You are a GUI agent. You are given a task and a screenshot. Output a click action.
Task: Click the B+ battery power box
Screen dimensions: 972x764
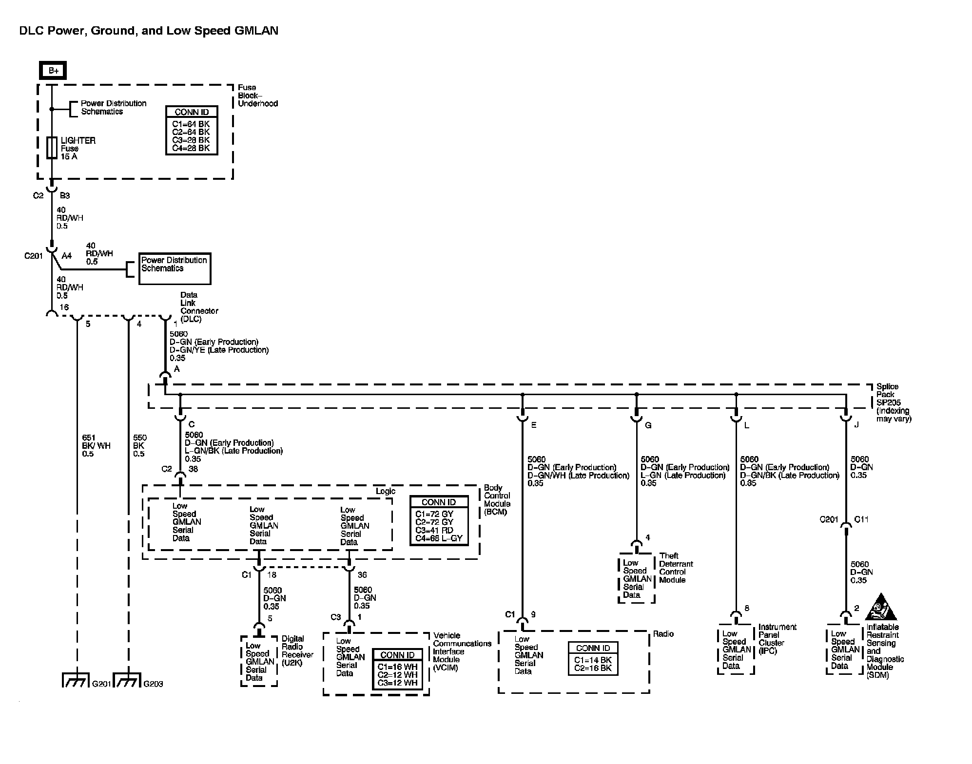(x=53, y=71)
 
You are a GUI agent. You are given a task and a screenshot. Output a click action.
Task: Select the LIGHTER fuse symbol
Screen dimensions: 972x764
(x=52, y=148)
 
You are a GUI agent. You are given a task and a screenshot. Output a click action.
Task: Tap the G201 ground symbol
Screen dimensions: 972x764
(x=76, y=680)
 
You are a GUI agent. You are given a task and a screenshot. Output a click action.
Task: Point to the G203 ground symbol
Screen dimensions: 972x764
(x=127, y=680)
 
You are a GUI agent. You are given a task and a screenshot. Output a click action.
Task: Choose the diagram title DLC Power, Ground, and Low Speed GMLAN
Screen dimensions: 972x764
(x=149, y=31)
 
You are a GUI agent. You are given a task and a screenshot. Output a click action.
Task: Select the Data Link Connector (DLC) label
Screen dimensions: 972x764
(x=199, y=307)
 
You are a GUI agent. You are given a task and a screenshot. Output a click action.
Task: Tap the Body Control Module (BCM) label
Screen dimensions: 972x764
(x=497, y=500)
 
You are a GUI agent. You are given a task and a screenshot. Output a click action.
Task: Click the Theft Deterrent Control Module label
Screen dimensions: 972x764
(x=676, y=568)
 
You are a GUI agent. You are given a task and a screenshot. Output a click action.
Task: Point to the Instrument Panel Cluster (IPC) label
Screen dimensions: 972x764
(x=778, y=639)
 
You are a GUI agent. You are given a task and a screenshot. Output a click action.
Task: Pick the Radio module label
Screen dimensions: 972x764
(x=663, y=634)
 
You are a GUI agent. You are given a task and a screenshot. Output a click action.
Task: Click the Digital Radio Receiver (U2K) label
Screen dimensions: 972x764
(x=297, y=650)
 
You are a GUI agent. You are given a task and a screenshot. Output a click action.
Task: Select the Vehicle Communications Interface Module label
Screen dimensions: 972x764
(x=462, y=651)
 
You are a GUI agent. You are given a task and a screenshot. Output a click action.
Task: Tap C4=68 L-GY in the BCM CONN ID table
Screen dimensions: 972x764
(x=439, y=538)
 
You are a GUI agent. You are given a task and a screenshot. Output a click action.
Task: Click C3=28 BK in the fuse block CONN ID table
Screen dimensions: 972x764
(x=191, y=140)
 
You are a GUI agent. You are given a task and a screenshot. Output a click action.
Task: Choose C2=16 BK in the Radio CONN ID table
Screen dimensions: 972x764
(x=593, y=668)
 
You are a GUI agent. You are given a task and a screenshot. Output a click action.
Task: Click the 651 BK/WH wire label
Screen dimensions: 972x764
(x=96, y=446)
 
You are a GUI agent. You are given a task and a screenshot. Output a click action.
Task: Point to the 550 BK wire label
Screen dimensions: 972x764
(x=139, y=446)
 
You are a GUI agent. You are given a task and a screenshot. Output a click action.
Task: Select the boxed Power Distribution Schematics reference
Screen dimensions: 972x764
(x=175, y=268)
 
